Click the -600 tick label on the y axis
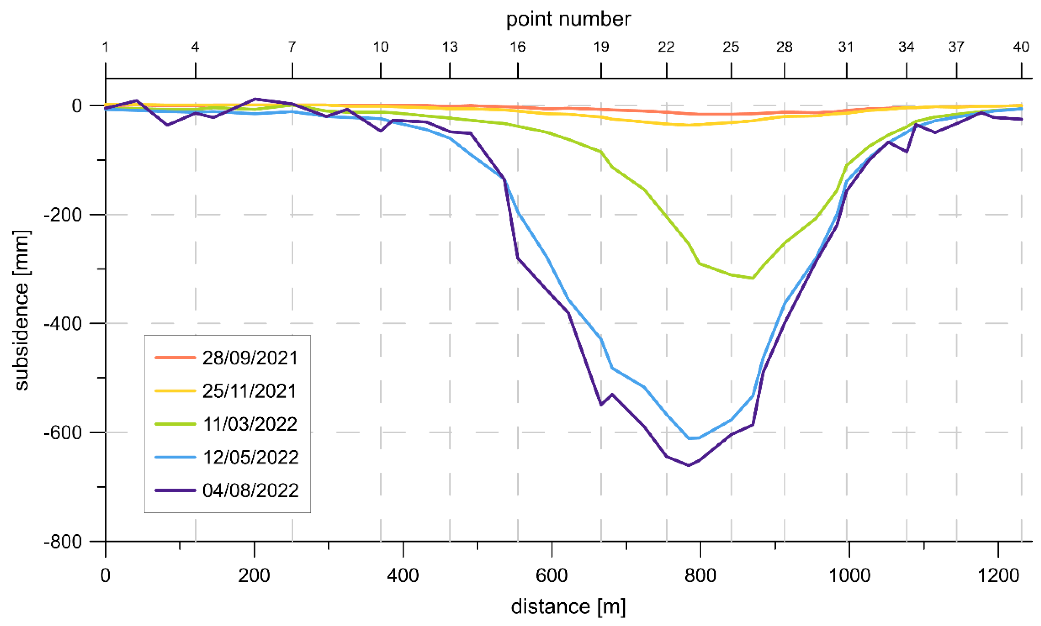[63, 432]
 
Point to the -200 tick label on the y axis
[63, 215]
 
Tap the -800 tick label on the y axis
[63, 541]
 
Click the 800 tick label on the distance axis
[700, 575]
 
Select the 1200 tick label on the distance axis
[998, 575]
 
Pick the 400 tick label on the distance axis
[403, 575]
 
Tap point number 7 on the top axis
[292, 47]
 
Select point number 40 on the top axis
[1021, 47]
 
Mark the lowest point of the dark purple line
[689, 465]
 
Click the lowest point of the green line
[753, 278]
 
